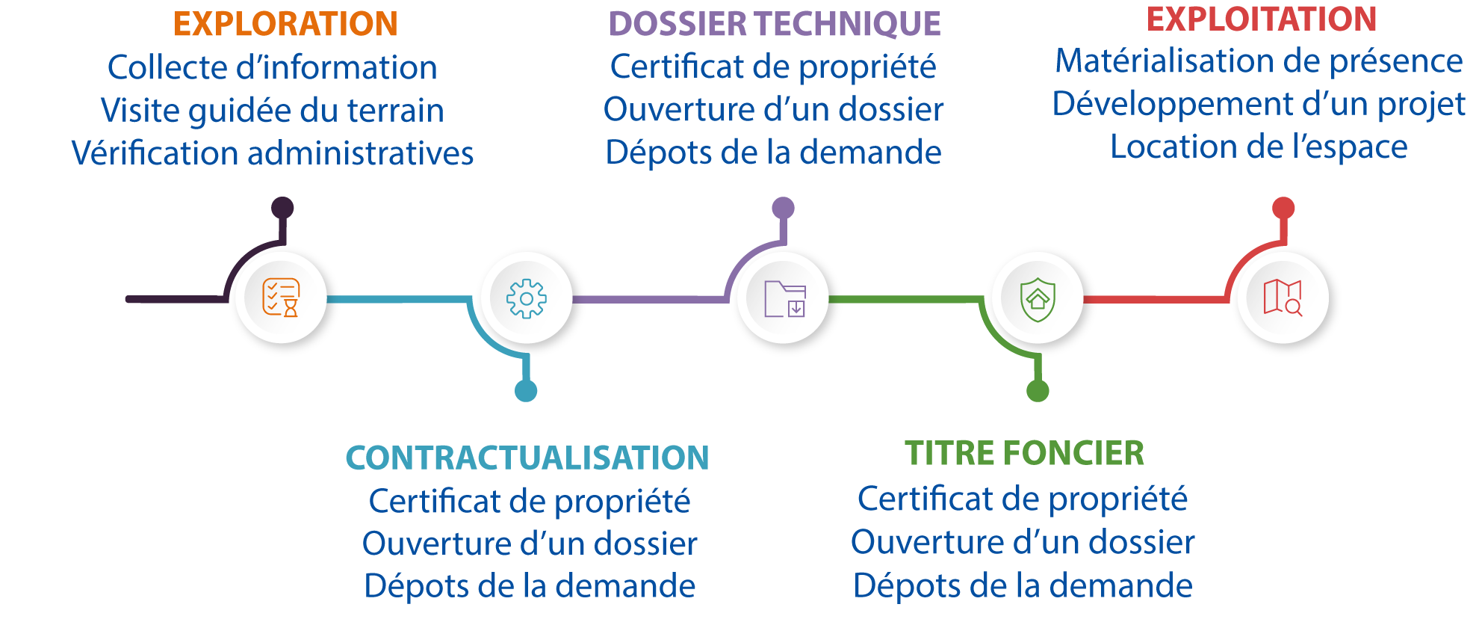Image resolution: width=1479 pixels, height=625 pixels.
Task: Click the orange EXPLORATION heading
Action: coord(285,24)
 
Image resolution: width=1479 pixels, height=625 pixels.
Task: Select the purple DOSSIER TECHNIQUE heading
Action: coord(775,24)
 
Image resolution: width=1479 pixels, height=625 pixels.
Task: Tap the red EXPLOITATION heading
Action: coord(1261,19)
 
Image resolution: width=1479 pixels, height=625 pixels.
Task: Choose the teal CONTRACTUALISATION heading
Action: coord(527,458)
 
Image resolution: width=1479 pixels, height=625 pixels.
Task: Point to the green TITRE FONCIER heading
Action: coord(1024,453)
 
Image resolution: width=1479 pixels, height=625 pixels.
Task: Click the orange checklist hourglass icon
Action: coord(282,298)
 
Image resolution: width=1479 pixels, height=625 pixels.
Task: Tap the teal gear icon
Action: coord(527,298)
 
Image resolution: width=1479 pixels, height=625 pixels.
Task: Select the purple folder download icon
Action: coord(784,298)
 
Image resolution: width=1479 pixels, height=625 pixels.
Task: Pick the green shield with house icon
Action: coord(1038,299)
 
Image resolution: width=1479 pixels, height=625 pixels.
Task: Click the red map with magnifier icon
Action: coord(1283,298)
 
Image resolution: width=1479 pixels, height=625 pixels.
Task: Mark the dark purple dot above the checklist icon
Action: coord(282,208)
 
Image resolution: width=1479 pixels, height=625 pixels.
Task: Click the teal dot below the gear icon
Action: coord(526,390)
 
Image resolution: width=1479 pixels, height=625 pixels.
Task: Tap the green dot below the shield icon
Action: coord(1038,390)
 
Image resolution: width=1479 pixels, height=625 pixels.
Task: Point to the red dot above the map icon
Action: coord(1283,208)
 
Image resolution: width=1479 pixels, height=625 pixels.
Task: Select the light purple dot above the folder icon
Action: coord(783,208)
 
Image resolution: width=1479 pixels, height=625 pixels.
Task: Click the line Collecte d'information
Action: coord(272,67)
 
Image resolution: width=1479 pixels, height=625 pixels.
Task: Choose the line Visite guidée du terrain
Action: coord(272,111)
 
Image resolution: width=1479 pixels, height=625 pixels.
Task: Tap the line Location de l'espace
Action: coord(1259,147)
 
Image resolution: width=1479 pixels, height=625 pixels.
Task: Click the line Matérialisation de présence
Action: coord(1259,61)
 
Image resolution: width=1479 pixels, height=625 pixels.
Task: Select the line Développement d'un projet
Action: coord(1259,104)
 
